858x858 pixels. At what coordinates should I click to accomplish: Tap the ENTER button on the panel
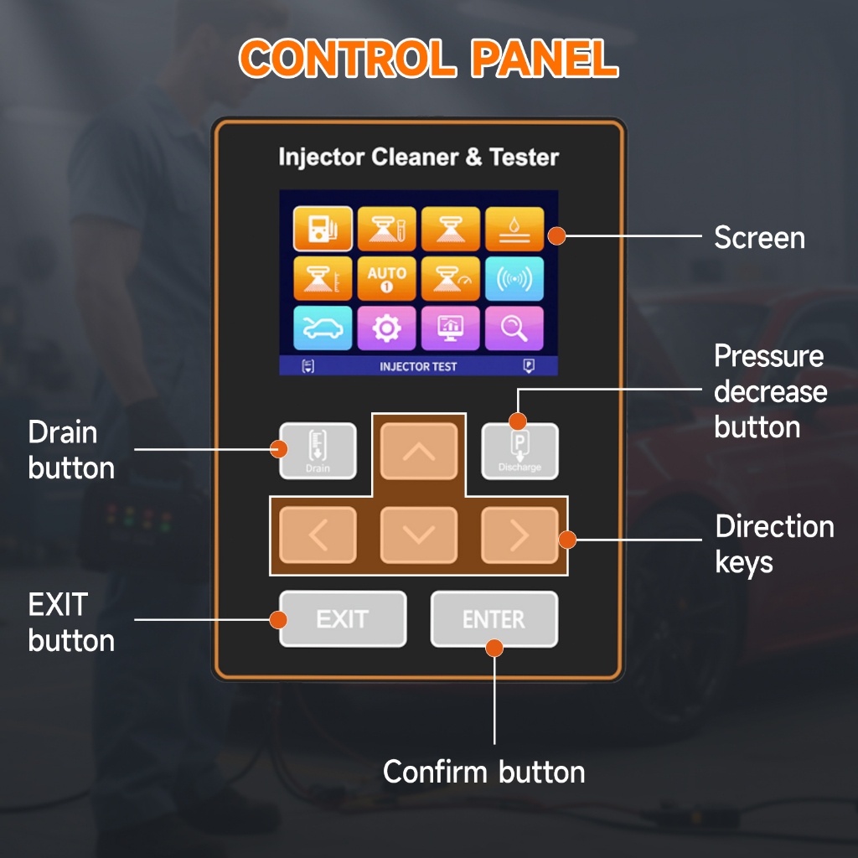point(494,619)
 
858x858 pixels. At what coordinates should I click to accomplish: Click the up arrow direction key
point(419,451)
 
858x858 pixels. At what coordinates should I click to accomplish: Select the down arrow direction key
point(419,535)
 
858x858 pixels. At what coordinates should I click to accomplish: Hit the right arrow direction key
point(519,535)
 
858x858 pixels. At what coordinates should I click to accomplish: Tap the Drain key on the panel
point(318,451)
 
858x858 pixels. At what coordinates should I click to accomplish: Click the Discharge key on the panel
point(519,451)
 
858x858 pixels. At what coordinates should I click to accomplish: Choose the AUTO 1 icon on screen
point(387,278)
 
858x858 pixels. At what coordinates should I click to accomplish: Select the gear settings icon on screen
point(387,328)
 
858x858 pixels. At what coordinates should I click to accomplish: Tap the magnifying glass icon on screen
point(514,328)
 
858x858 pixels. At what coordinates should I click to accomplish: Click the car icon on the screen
point(323,328)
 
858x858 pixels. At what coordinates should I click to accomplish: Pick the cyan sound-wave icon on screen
point(514,278)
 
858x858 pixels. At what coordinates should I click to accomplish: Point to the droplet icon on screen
point(514,229)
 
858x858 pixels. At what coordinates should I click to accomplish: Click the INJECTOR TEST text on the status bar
point(418,367)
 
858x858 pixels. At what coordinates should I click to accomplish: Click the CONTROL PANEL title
point(429,58)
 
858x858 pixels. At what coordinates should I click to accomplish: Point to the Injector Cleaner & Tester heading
point(419,158)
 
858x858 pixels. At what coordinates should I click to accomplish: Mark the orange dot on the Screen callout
point(556,235)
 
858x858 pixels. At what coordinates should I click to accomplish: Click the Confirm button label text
point(484,772)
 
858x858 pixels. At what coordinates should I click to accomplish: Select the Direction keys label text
point(775,544)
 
